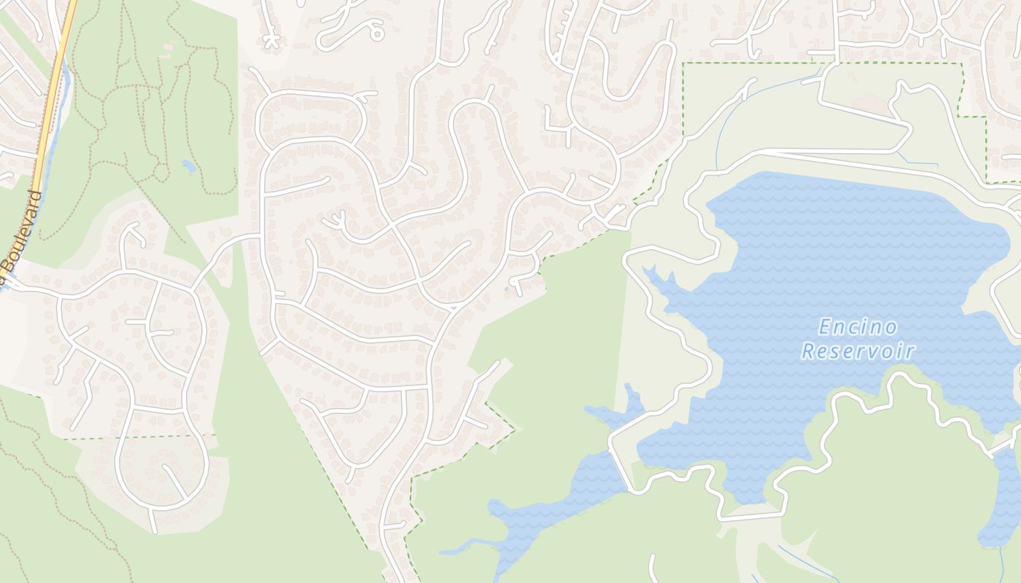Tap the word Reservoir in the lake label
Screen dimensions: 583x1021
[x=858, y=352]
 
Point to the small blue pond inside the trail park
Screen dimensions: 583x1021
[x=189, y=166]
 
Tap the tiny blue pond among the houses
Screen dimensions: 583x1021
[x=507, y=290]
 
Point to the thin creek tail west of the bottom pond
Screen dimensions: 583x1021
[x=459, y=547]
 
